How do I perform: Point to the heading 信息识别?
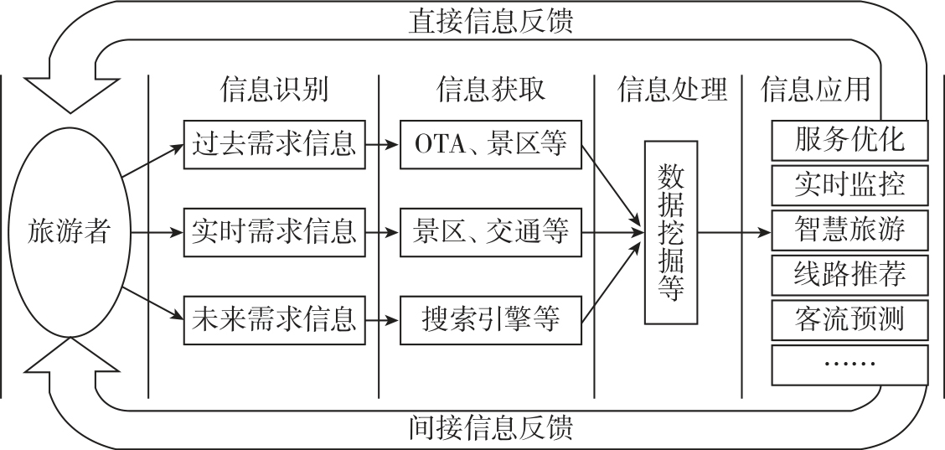pyautogui.click(x=274, y=90)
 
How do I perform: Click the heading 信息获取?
pyautogui.click(x=491, y=90)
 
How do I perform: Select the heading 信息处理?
pyautogui.click(x=672, y=90)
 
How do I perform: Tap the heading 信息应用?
pyautogui.click(x=815, y=90)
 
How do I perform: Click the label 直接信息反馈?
pyautogui.click(x=491, y=22)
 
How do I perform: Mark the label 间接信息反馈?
pyautogui.click(x=491, y=427)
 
